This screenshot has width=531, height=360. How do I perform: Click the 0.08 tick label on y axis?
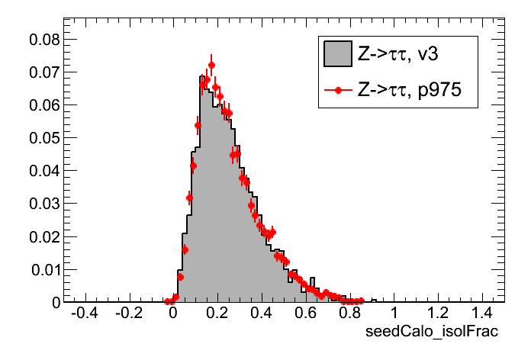(43, 39)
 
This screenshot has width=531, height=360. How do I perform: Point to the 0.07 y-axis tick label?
(43, 72)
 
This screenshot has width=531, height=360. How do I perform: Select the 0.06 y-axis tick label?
(43, 104)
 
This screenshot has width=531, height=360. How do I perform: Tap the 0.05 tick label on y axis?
(43, 137)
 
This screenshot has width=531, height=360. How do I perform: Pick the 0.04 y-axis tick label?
(43, 170)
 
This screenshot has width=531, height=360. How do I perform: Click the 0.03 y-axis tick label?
(43, 204)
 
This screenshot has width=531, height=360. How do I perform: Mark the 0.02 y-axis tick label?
(43, 236)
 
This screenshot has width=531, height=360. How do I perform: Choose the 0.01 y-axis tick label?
(43, 269)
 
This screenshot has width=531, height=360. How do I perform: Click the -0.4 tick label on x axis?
(83, 313)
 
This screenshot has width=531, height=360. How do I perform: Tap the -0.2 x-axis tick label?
(127, 313)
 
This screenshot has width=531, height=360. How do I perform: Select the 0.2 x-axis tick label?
(217, 313)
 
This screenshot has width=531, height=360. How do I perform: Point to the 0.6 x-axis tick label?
(306, 313)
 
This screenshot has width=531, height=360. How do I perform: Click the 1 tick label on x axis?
(394, 313)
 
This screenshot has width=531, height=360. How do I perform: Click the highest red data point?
(211, 66)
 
